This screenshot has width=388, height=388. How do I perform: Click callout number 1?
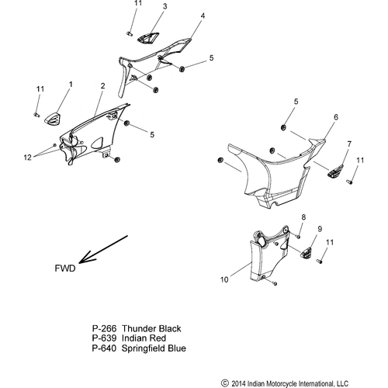(x=71, y=83)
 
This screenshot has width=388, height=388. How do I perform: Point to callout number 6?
(x=314, y=117)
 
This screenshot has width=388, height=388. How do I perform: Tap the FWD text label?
(x=65, y=269)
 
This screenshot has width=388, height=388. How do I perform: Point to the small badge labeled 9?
(x=308, y=251)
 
